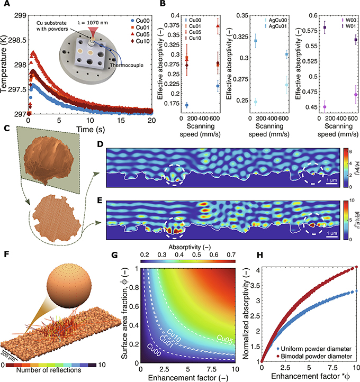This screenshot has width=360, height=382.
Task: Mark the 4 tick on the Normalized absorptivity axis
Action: coord(256,268)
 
